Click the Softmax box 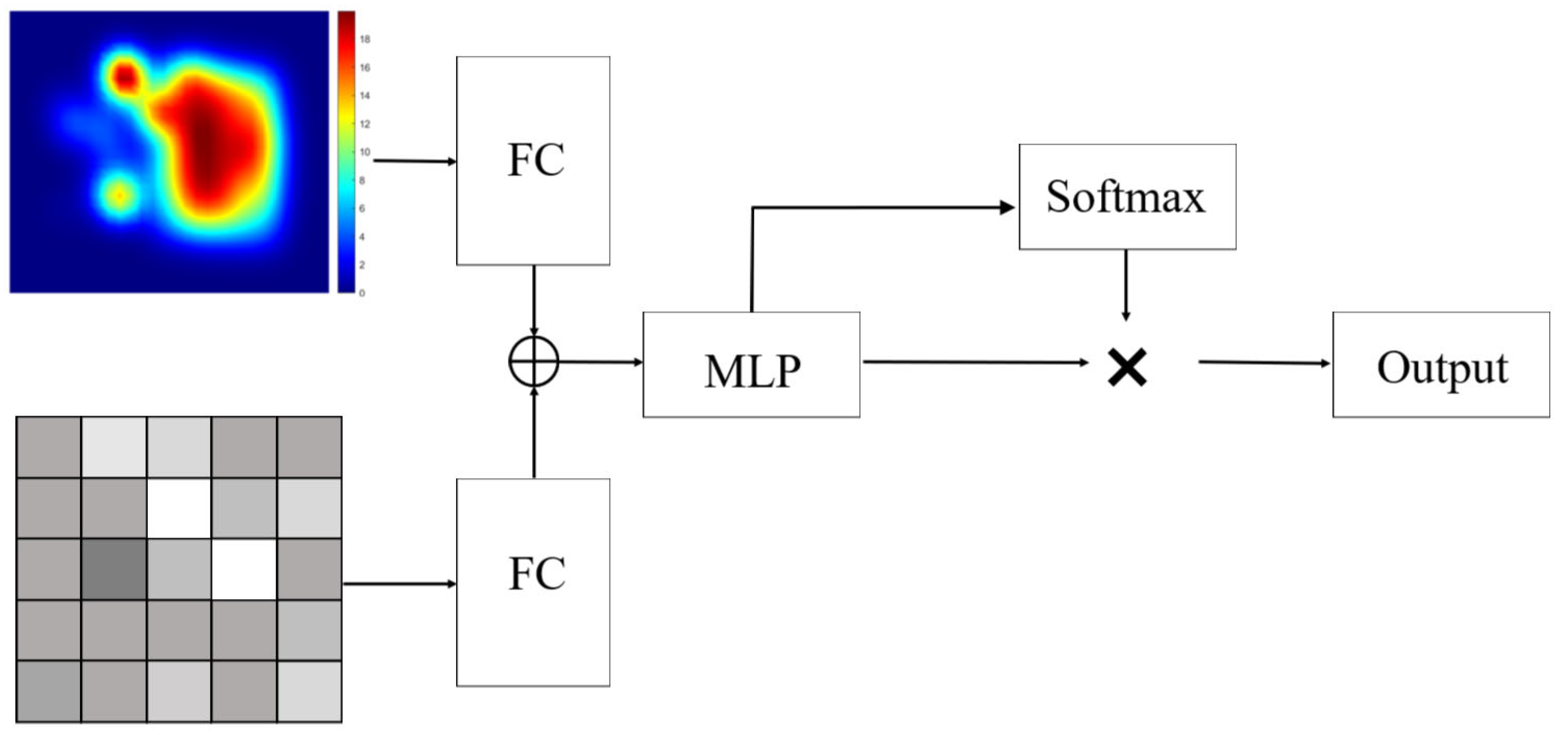click(1127, 197)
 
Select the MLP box click(751, 365)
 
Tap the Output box click(1441, 365)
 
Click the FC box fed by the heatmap click(533, 161)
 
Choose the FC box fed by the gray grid click(533, 582)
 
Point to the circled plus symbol click(533, 362)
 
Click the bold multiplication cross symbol click(1126, 367)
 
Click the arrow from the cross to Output click(1263, 363)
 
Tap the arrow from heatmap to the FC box click(415, 161)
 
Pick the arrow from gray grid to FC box click(399, 584)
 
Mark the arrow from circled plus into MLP click(600, 362)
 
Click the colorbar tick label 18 click(365, 40)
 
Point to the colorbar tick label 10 click(365, 152)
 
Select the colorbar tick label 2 click(362, 265)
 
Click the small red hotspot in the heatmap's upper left click(125, 78)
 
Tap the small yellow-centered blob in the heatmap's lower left click(120, 196)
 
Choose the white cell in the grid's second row click(179, 508)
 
